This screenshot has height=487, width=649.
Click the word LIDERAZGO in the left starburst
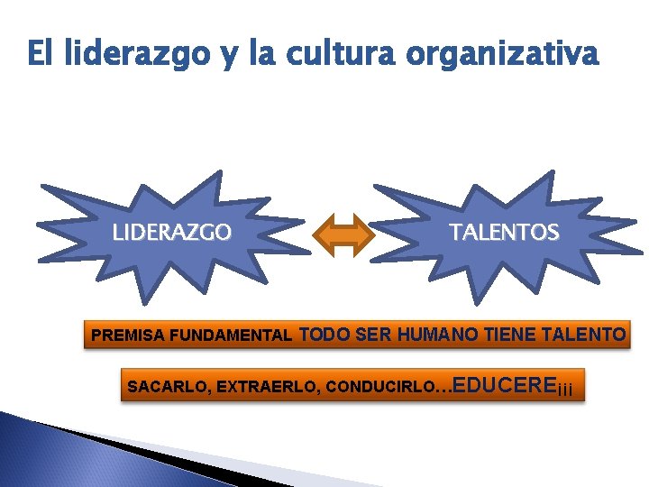(x=171, y=233)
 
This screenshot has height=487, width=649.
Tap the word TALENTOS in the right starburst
(x=504, y=233)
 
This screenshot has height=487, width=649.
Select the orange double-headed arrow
(x=343, y=235)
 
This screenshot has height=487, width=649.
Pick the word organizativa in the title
(x=501, y=55)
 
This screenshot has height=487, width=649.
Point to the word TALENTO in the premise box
(x=585, y=335)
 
